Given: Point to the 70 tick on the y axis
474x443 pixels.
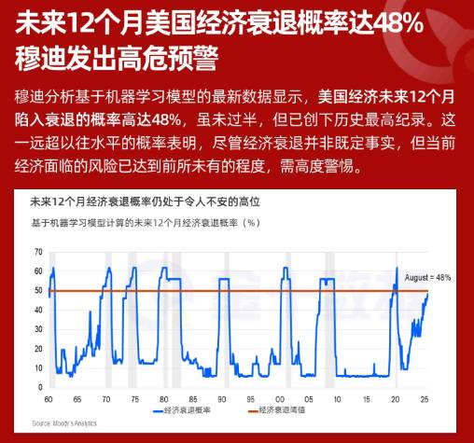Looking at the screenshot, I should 38,252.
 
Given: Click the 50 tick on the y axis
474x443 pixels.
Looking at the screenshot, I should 38,291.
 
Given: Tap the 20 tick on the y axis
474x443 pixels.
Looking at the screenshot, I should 38,350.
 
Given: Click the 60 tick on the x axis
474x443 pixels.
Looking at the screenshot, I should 48,399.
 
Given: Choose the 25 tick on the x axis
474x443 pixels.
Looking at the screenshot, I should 426,399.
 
